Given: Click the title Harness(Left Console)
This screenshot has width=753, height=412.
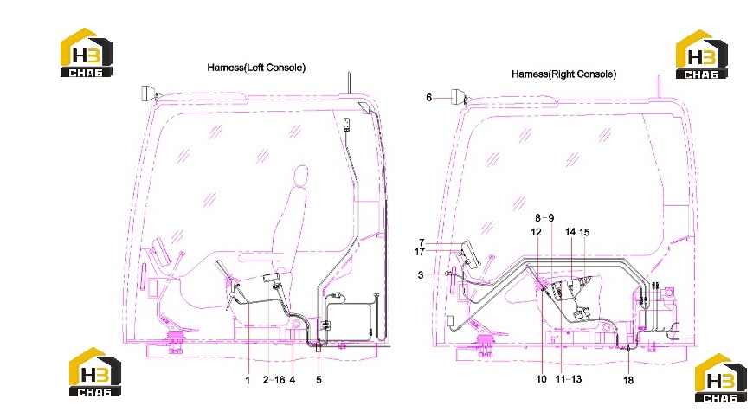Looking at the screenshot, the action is click(256, 68).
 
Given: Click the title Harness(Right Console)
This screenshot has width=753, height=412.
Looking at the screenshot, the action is click(563, 74).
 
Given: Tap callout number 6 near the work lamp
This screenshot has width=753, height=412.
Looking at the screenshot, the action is click(428, 98).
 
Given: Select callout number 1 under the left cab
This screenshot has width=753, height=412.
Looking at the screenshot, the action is click(248, 380).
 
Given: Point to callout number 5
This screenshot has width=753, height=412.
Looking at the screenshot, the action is click(319, 380).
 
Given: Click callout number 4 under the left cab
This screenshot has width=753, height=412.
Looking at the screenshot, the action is click(292, 380).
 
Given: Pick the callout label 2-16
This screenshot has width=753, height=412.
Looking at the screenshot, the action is click(274, 380).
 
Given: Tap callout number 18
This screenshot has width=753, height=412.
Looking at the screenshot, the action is click(628, 380).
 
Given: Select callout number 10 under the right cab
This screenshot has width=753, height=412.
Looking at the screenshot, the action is click(541, 379).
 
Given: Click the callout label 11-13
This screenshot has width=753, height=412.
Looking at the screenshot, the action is click(569, 379).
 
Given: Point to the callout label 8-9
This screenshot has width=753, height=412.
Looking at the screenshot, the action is click(544, 218).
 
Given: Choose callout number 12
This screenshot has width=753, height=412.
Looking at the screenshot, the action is click(536, 232).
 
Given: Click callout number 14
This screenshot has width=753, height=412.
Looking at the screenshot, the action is click(570, 232).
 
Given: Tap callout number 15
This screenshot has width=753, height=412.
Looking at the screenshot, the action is click(584, 232).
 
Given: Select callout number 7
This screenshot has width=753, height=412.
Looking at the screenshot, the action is click(422, 242).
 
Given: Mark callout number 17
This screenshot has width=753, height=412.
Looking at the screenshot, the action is click(419, 252).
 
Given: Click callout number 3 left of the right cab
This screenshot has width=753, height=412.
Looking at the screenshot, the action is click(421, 275).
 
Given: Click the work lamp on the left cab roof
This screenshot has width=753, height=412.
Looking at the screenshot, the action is click(148, 93).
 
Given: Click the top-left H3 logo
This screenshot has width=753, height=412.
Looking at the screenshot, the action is click(87, 52).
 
